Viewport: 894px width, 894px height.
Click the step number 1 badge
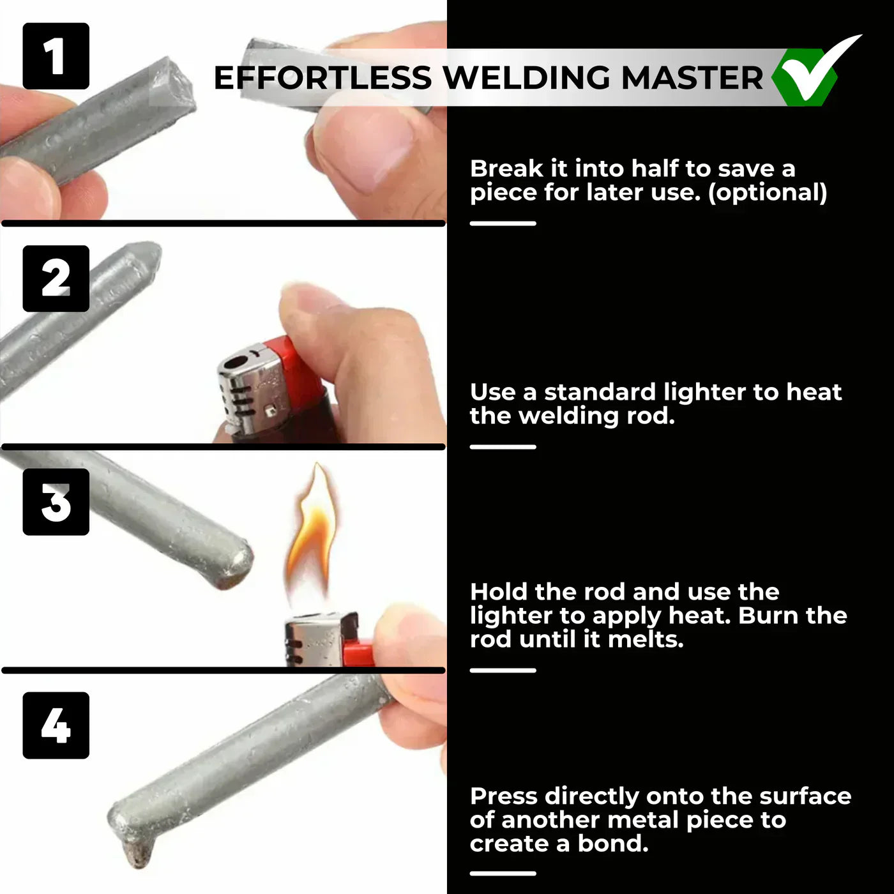[56, 56]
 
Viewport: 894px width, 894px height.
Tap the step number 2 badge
[56, 278]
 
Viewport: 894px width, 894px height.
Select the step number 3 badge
[56, 502]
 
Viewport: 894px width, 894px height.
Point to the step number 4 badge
[56, 725]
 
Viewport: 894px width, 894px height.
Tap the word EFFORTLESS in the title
[322, 78]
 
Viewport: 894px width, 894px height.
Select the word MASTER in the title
[692, 78]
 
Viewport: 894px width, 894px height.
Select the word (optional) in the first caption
[768, 192]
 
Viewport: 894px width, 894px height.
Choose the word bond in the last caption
[612, 844]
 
